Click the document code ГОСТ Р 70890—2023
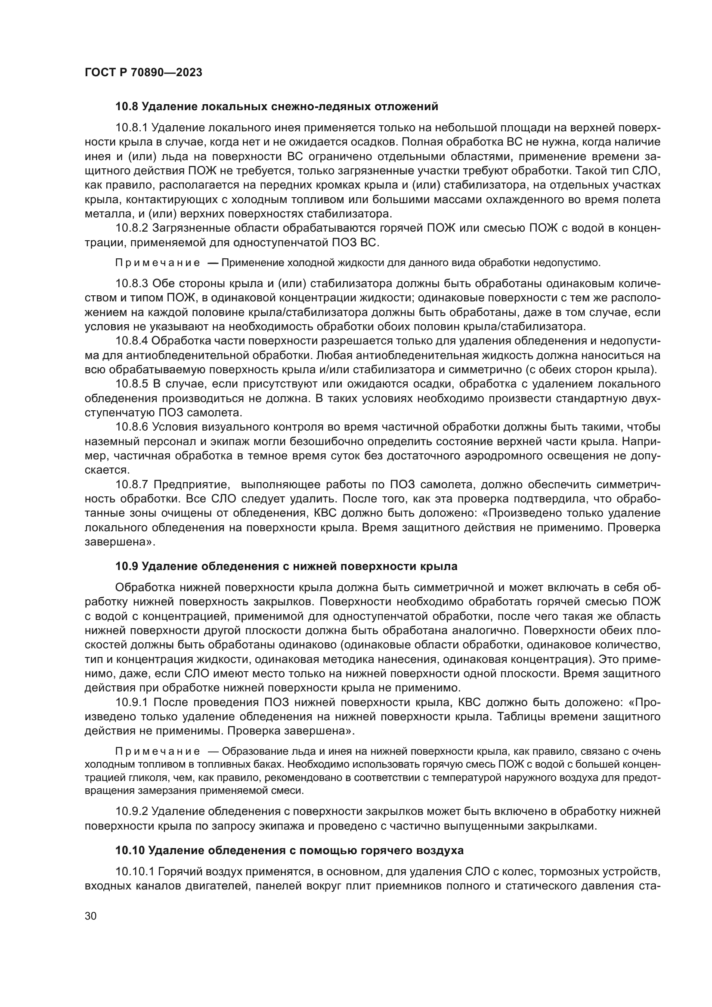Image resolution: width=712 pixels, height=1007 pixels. tap(143, 73)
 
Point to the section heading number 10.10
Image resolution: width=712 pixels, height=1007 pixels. tap(130, 850)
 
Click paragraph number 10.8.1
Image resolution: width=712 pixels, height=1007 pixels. tap(132, 127)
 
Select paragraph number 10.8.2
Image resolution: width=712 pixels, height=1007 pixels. tap(132, 228)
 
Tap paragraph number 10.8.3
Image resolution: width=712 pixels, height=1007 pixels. tap(132, 284)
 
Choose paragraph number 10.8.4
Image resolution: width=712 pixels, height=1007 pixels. tap(132, 341)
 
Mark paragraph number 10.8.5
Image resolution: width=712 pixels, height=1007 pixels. tap(132, 384)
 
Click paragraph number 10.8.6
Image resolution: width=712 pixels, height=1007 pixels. tap(132, 427)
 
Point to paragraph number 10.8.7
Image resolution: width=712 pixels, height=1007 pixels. tap(132, 485)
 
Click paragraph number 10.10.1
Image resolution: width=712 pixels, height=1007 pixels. tap(135, 871)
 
